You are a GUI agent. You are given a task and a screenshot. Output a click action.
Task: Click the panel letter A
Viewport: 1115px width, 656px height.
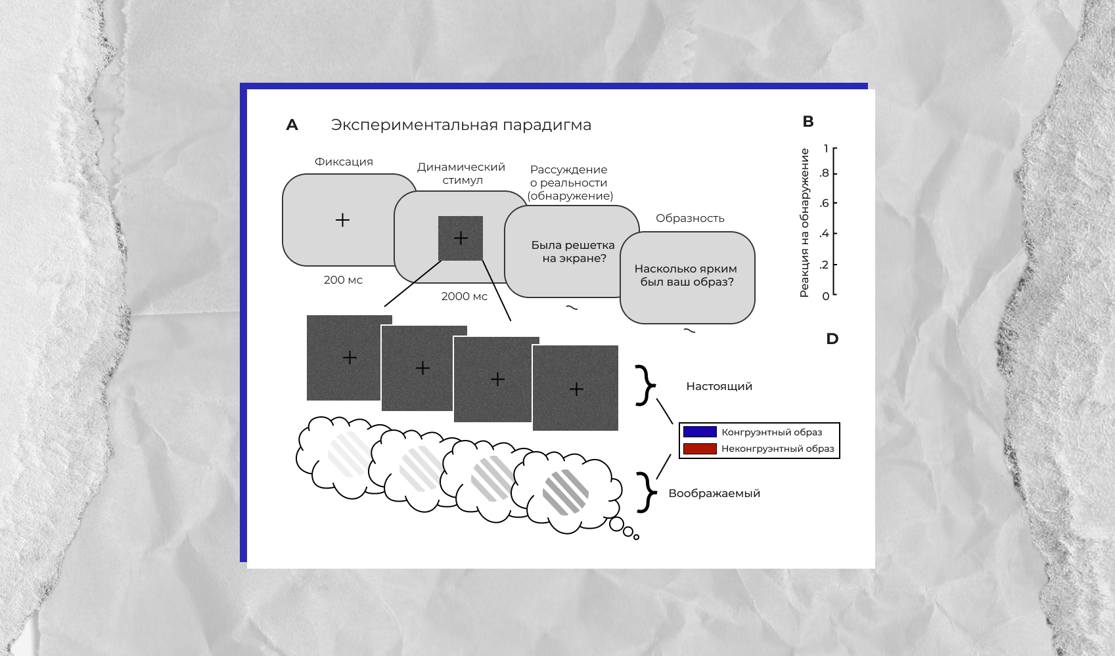[x=292, y=125]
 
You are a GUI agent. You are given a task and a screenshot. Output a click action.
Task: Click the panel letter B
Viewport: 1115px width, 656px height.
[x=808, y=121]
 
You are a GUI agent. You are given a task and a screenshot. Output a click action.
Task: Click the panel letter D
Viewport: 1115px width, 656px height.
[x=832, y=339]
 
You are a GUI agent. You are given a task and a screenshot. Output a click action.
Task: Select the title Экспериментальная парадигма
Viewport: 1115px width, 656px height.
[x=461, y=125]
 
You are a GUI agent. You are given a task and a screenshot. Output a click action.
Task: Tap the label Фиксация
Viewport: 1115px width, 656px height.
[x=344, y=162]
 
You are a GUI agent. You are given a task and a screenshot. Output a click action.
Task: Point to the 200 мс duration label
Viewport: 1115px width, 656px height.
[x=343, y=280]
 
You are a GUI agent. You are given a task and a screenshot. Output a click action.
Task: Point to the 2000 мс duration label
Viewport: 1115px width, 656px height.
[x=464, y=296]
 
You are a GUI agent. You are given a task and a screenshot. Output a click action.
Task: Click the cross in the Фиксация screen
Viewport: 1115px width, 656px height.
[x=342, y=220]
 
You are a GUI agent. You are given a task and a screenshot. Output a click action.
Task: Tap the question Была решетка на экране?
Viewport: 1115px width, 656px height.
[x=573, y=251]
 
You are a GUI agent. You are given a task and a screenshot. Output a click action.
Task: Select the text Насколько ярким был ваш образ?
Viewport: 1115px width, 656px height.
[x=686, y=275]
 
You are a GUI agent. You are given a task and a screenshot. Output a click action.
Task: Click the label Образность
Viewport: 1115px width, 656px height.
[x=690, y=218]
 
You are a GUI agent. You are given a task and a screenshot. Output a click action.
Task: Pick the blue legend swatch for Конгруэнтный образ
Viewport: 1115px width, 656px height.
[x=700, y=432]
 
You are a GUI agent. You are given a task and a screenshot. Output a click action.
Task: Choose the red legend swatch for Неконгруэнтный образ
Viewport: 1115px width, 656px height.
[x=700, y=449]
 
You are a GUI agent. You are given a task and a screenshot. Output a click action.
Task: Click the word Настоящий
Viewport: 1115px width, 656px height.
[x=719, y=386]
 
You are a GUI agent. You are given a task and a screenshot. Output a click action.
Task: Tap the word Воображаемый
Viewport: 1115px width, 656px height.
[x=714, y=493]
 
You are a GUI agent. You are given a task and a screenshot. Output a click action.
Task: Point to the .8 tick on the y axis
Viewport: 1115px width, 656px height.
[x=825, y=173]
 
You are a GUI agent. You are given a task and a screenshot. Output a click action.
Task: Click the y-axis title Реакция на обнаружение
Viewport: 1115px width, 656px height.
[x=804, y=223]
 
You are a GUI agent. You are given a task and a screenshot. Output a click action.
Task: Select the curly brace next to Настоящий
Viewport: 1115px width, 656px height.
[x=646, y=385]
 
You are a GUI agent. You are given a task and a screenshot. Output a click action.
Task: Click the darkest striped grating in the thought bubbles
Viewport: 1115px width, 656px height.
[x=565, y=492]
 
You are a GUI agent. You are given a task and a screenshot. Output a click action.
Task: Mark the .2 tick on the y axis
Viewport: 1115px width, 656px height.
[x=825, y=265]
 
